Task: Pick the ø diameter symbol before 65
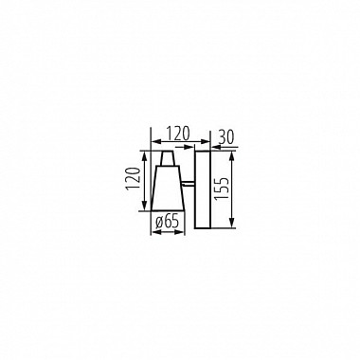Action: [x=157, y=221]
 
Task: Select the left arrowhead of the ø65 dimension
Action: [x=153, y=233]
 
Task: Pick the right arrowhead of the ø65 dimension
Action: [x=182, y=233]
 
